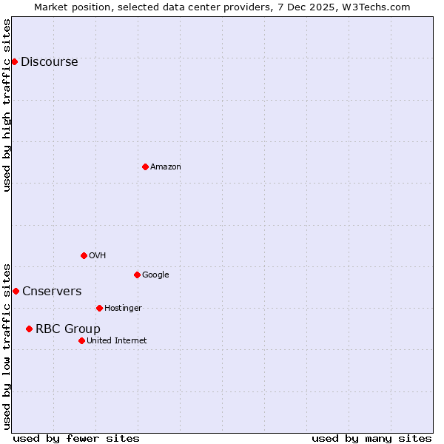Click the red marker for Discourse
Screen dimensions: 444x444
click(14, 61)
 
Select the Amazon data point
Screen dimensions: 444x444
click(145, 166)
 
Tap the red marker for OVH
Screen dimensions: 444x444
click(84, 255)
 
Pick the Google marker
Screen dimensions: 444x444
click(137, 275)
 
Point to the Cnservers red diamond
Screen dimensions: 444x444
click(16, 291)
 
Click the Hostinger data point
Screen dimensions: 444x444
click(99, 308)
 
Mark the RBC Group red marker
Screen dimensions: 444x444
click(29, 329)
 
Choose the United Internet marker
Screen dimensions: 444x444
click(81, 340)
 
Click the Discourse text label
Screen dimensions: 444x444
click(49, 62)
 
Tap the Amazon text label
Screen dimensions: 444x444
click(166, 167)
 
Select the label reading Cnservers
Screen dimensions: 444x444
click(52, 292)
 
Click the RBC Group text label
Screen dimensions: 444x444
click(67, 329)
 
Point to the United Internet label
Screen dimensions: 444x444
click(116, 341)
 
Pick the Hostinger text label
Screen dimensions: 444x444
click(123, 309)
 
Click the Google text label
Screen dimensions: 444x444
click(155, 275)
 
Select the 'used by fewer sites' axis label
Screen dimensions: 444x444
click(76, 438)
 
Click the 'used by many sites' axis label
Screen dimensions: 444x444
click(371, 438)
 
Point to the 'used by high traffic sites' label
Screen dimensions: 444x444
click(7, 105)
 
